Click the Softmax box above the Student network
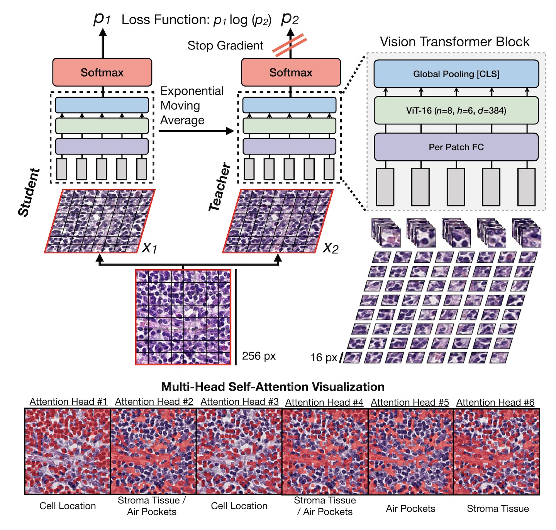102,72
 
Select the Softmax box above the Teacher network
291,72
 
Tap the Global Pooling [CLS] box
456,74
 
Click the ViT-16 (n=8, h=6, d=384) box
456,110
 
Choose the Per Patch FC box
456,147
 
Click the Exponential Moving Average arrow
196,131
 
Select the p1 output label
102,18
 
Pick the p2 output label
290,18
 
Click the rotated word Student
29,192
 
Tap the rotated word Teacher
219,187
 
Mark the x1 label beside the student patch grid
149,247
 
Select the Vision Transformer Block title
454,42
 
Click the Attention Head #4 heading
324,403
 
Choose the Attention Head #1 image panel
68,452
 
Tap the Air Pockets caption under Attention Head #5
410,508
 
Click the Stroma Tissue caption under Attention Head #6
498,508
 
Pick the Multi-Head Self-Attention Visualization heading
273,387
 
